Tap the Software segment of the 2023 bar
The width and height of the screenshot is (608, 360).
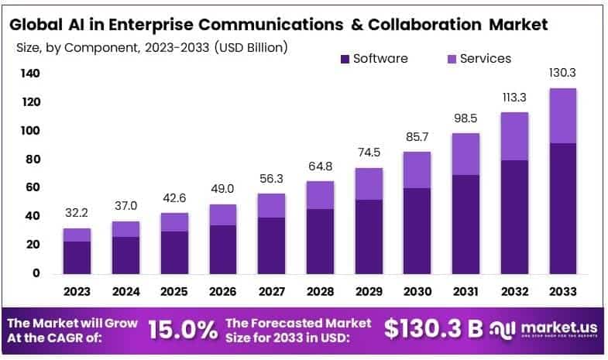pos(77,257)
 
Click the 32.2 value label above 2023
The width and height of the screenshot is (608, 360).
pos(77,211)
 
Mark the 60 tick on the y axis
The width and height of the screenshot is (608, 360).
pos(31,187)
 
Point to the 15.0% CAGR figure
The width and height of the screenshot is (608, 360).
pos(183,331)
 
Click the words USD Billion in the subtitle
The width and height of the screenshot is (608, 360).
pos(247,47)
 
